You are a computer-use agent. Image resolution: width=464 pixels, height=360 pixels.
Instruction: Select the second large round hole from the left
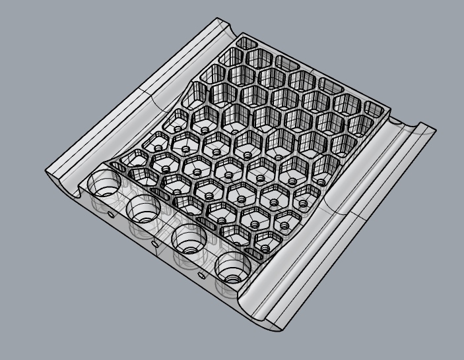point(145,208)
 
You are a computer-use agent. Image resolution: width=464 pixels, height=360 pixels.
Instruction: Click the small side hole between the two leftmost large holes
point(111,213)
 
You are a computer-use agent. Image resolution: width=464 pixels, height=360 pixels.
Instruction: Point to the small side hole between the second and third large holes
point(154,243)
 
